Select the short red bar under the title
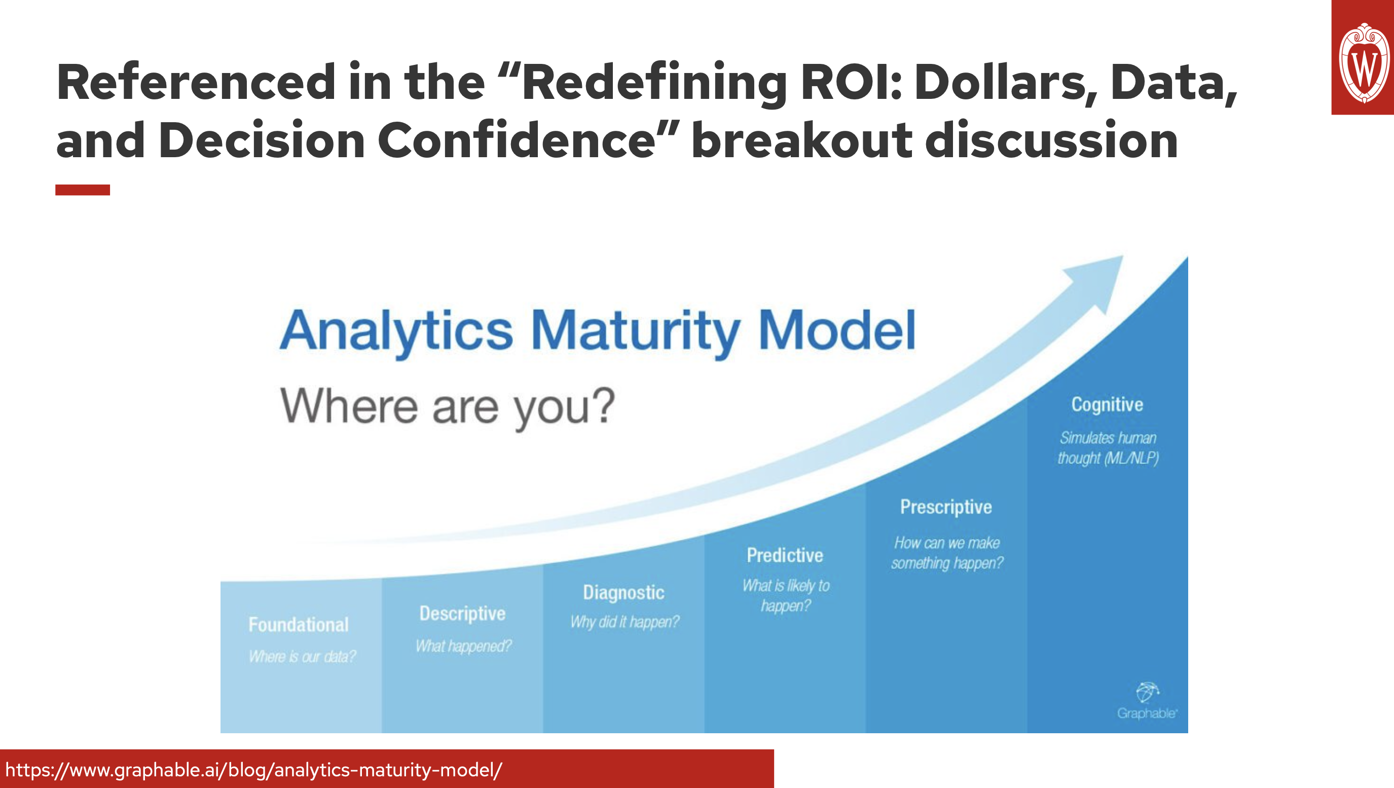82,190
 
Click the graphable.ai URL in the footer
253,770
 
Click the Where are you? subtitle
447,407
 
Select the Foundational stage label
298,625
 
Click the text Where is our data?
302,657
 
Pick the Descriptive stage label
462,613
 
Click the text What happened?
463,646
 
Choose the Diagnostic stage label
623,592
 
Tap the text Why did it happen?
625,622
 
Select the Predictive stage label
785,555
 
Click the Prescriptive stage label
946,507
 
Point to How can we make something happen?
947,553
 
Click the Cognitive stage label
1107,404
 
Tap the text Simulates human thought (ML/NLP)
1108,448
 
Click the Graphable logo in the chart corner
1147,701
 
